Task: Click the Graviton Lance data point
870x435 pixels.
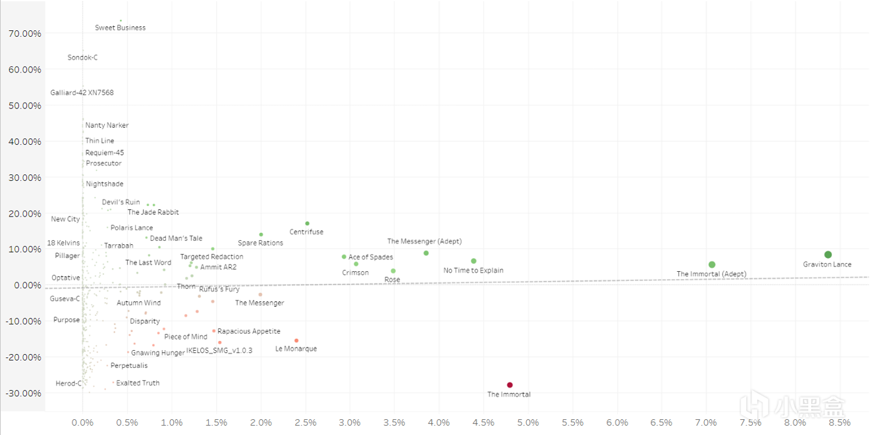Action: pyautogui.click(x=828, y=255)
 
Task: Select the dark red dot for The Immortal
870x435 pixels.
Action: pyautogui.click(x=510, y=385)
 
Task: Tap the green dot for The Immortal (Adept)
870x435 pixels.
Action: pyautogui.click(x=712, y=265)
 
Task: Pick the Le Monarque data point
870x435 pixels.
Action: pyautogui.click(x=296, y=341)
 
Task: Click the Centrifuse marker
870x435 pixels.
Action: pyautogui.click(x=307, y=224)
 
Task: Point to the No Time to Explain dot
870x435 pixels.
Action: pyautogui.click(x=474, y=261)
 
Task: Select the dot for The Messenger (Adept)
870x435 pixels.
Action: pyautogui.click(x=426, y=253)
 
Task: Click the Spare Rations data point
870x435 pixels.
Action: pyautogui.click(x=261, y=234)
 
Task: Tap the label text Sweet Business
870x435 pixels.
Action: pyautogui.click(x=121, y=28)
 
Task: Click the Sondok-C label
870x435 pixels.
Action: pyautogui.click(x=82, y=58)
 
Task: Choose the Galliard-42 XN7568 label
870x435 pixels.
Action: pyautogui.click(x=82, y=93)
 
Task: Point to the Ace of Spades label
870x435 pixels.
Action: pyautogui.click(x=371, y=257)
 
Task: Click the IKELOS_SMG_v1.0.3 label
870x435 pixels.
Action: pyautogui.click(x=219, y=351)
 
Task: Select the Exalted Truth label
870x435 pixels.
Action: pyautogui.click(x=138, y=383)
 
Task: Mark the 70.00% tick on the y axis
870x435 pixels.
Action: pyautogui.click(x=23, y=34)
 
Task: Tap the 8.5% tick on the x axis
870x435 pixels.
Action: pyautogui.click(x=839, y=422)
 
